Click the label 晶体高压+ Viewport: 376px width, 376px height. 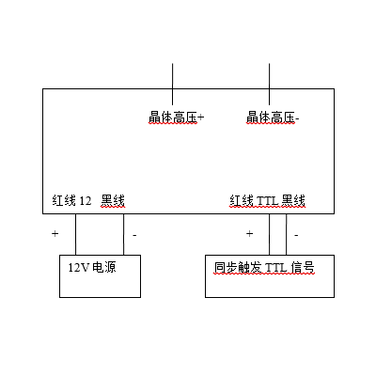tap(176, 117)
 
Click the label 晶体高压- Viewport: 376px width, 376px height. tap(273, 117)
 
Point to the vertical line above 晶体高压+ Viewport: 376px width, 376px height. tap(172, 84)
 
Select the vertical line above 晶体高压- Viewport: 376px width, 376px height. tap(269, 84)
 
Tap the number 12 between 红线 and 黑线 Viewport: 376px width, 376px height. tap(85, 201)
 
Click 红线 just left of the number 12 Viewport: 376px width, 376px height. tap(64, 200)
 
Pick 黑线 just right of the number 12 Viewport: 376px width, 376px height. tap(113, 200)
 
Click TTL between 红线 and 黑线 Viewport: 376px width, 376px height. tap(267, 200)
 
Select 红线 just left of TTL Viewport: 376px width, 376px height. tap(242, 200)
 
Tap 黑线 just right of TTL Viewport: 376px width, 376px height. tap(293, 200)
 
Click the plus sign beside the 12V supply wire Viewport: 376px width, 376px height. tap(55, 233)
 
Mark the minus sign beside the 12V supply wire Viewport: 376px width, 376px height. tap(134, 235)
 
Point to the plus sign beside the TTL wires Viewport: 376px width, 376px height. tap(249, 233)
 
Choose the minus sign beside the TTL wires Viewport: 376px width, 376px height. tap(296, 235)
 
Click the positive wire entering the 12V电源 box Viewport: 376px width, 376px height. tap(75, 234)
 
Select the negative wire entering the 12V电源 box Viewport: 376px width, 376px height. tap(123, 234)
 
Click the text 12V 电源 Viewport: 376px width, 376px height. tap(92, 267)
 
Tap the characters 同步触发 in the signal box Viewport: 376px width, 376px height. tap(238, 268)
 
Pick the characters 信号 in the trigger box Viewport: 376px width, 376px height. tap(303, 268)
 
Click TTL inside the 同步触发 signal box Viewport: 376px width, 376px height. tap(276, 268)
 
